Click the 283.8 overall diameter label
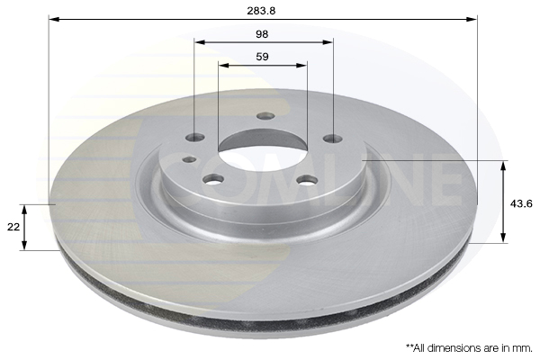coord(261,11)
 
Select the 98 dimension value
coord(262,34)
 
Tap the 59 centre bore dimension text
coord(262,57)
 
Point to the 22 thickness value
coord(13,227)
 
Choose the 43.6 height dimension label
coord(521,204)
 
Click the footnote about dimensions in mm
coord(469,348)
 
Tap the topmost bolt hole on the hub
coord(265,116)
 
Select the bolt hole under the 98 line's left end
coord(195,138)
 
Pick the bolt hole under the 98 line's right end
coord(333,139)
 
